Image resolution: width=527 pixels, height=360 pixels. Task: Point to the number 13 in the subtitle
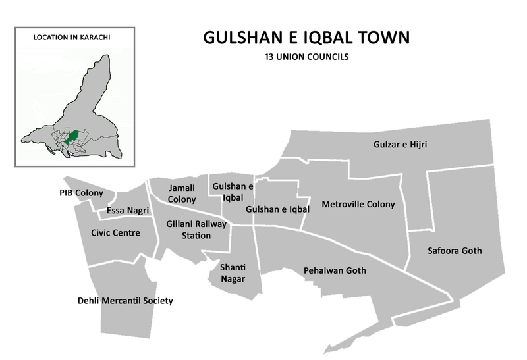point(267,57)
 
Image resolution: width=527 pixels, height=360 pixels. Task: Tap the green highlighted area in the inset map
point(74,137)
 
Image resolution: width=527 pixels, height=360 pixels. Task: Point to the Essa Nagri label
point(128,211)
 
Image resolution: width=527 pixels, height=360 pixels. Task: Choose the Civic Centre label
point(115,232)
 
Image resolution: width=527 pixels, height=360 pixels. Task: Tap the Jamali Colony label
point(182,193)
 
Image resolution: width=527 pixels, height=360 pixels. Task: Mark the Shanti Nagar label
point(231,272)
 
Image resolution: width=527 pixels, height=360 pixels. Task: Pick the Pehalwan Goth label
point(335,270)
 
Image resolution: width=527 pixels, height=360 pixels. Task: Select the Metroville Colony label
point(358,204)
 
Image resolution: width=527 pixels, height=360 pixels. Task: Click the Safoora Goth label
point(455,251)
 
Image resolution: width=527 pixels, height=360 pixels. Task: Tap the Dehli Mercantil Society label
point(125,301)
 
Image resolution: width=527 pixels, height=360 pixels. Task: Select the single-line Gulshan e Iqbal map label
point(277,209)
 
